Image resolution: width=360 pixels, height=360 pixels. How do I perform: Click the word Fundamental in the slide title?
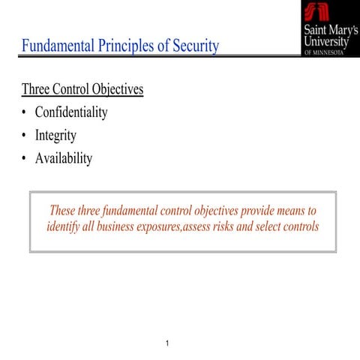(58, 46)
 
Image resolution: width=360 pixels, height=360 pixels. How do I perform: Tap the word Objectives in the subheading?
(117, 90)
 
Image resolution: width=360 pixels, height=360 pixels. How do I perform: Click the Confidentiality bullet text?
(71, 113)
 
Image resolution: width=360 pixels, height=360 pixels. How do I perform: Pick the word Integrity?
(55, 136)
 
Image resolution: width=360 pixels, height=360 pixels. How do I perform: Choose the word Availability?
(64, 159)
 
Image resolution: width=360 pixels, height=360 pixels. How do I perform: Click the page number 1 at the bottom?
(167, 344)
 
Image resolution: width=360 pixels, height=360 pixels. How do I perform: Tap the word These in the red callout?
(65, 211)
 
